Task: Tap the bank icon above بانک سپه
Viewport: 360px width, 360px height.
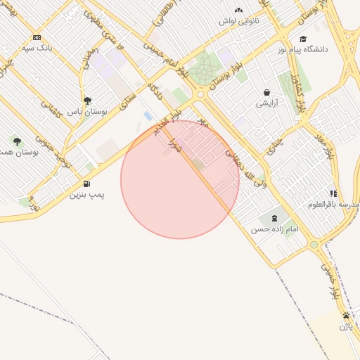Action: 37,37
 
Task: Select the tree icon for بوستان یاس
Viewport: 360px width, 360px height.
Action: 87,101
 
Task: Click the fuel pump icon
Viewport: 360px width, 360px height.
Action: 86,184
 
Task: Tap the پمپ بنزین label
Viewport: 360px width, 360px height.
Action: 86,195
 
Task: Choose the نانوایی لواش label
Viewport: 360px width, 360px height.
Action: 238,21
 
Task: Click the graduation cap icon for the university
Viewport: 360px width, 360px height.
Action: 303,39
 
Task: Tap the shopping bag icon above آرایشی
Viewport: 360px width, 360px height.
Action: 266,92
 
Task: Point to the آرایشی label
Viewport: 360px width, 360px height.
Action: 266,103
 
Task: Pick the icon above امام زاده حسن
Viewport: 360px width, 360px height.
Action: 274,219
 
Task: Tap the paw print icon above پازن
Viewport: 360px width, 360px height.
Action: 346,315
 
